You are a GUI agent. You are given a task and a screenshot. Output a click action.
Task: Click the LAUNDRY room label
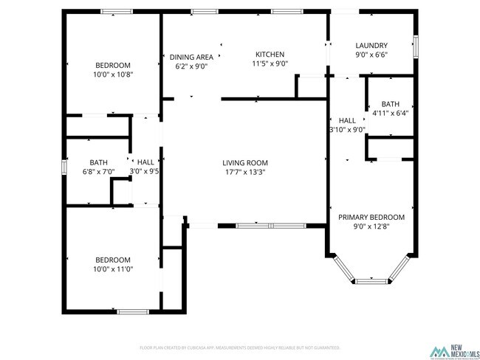[371, 45]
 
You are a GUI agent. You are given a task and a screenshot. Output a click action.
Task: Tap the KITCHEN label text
[270, 54]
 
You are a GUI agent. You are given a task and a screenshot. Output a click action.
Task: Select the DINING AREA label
[191, 57]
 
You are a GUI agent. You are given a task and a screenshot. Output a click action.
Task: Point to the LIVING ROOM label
[245, 163]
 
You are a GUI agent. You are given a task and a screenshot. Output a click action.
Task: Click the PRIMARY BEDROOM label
[371, 217]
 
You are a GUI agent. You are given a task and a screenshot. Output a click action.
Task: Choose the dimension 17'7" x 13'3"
[245, 172]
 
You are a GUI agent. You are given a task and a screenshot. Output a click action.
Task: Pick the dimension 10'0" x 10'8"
[113, 74]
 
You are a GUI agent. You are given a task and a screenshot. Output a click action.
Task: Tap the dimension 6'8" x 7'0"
[98, 171]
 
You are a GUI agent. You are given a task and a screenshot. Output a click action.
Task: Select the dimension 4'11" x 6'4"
[390, 113]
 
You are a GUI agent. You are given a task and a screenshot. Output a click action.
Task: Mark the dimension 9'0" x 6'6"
[371, 55]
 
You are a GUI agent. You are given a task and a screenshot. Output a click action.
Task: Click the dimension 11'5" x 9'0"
[270, 63]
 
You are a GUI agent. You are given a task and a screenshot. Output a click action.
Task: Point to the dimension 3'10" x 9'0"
[347, 129]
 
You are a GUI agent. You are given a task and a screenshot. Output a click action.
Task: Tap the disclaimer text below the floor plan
[240, 347]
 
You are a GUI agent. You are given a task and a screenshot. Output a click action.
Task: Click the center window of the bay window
[371, 280]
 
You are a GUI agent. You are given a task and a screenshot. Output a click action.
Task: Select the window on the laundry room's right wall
[416, 46]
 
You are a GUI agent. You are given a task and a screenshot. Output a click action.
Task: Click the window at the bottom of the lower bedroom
[134, 311]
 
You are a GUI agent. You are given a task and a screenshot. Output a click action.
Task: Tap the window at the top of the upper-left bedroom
[117, 11]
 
